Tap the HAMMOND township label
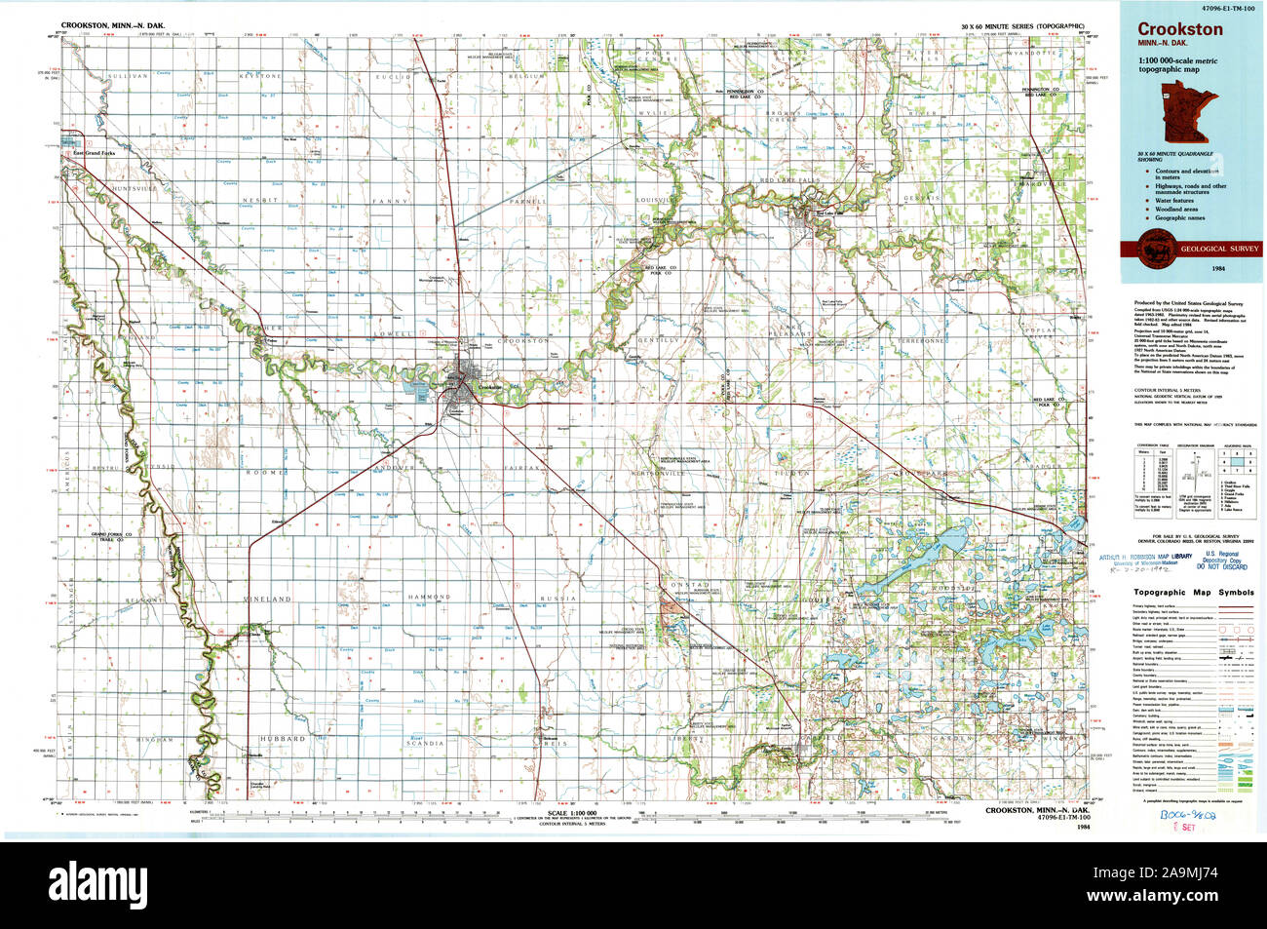coord(428,596)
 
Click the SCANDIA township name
coord(427,745)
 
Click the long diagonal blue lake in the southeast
coord(941,551)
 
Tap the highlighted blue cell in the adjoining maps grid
coord(1241,461)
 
